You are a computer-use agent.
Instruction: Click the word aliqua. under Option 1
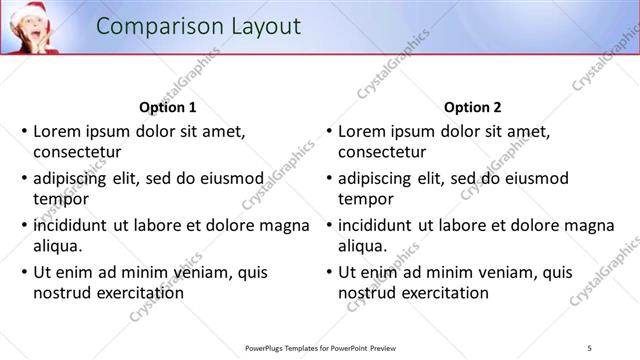click(58, 246)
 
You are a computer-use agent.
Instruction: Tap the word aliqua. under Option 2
click(363, 246)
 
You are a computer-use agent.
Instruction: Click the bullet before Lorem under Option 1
click(25, 131)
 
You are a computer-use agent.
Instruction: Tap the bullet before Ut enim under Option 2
click(330, 272)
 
